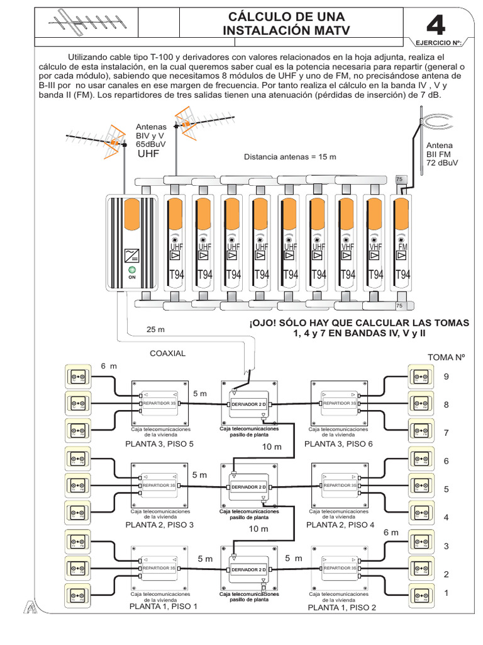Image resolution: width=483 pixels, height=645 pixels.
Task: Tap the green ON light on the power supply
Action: [x=132, y=269]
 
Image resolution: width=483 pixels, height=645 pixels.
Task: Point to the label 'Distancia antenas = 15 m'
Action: [x=291, y=156]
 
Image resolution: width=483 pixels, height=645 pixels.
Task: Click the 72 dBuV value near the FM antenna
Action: [x=443, y=163]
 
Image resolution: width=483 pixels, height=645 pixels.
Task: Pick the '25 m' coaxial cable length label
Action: [x=155, y=329]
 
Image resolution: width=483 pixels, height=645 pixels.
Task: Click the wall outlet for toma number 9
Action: [x=420, y=377]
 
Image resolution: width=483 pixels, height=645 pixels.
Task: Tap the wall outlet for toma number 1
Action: [x=420, y=593]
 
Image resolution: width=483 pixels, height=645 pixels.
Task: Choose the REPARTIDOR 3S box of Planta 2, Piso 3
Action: [x=158, y=486]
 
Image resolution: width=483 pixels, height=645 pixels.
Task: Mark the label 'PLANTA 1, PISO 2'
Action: [x=341, y=608]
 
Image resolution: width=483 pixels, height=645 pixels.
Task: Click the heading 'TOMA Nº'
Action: [x=449, y=357]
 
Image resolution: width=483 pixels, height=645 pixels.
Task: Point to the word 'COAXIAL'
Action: [x=167, y=353]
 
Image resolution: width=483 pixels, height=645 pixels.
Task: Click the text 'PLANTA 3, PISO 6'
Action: [x=339, y=444]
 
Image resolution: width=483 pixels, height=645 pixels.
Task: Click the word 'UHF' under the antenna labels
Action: [x=148, y=154]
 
